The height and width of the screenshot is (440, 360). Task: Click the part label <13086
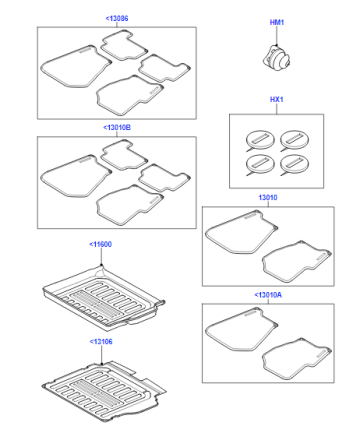pyautogui.click(x=117, y=18)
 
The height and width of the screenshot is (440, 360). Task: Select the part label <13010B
pyautogui.click(x=117, y=127)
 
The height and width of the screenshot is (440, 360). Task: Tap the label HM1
pyautogui.click(x=277, y=22)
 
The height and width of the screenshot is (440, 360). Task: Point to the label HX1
pyautogui.click(x=276, y=99)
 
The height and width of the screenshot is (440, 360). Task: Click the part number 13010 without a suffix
pyautogui.click(x=268, y=197)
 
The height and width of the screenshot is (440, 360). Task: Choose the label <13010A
pyautogui.click(x=268, y=295)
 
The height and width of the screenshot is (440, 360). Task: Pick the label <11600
pyautogui.click(x=100, y=244)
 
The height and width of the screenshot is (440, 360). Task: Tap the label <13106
pyautogui.click(x=101, y=342)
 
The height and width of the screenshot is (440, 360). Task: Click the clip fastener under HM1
pyautogui.click(x=276, y=59)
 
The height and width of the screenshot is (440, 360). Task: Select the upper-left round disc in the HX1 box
pyautogui.click(x=260, y=140)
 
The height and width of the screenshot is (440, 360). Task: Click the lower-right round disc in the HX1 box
pyautogui.click(x=294, y=164)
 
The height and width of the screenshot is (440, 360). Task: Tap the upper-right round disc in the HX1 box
pyautogui.click(x=294, y=140)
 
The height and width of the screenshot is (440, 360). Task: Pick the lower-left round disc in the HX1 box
pyautogui.click(x=260, y=164)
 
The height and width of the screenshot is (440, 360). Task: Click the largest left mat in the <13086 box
pyautogui.click(x=76, y=67)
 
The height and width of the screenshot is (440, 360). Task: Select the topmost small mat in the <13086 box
pyautogui.click(x=123, y=46)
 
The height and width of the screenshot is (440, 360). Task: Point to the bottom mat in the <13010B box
pyautogui.click(x=130, y=205)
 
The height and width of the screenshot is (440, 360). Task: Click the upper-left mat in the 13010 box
pyautogui.click(x=241, y=232)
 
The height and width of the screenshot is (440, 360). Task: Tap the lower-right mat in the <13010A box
pyautogui.click(x=297, y=359)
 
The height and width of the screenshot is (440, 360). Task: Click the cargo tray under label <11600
pyautogui.click(x=104, y=297)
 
